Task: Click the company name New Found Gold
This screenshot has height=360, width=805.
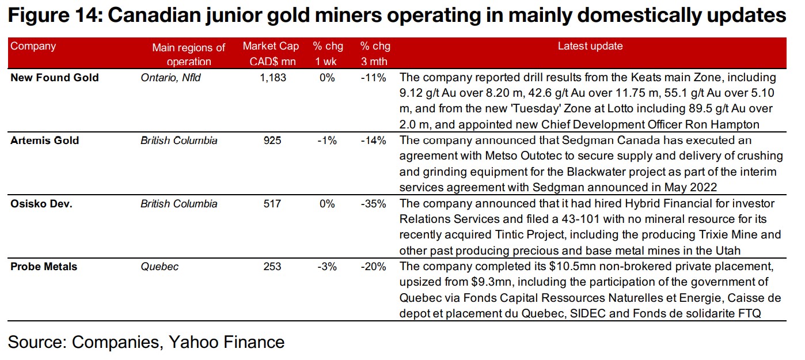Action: coord(55,78)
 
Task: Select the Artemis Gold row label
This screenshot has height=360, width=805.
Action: coord(45,141)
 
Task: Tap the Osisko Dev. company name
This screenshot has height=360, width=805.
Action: coord(41,203)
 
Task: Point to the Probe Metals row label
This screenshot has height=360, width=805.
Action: coord(44,267)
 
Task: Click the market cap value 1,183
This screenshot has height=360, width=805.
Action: coord(273,78)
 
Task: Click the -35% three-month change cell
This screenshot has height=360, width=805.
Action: coord(374,203)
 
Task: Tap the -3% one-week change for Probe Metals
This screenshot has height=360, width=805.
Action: coord(326,267)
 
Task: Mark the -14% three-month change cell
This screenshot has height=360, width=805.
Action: coord(374,141)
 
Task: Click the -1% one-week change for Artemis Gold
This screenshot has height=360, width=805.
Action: coord(326,141)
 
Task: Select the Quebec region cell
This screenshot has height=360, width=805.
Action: coord(160,267)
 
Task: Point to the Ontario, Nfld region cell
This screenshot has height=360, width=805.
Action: coord(170,78)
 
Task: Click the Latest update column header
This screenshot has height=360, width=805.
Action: coord(590,47)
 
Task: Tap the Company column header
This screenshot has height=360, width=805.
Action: coord(33,47)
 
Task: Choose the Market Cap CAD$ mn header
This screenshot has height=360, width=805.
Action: coord(269,54)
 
